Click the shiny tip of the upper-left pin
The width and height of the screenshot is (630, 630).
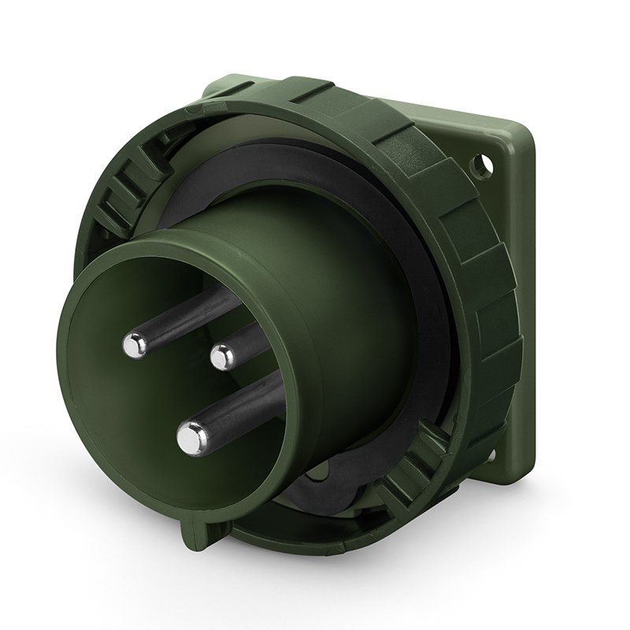pyautogui.click(x=135, y=344)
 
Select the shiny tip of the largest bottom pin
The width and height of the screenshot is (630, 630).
pyautogui.click(x=191, y=438)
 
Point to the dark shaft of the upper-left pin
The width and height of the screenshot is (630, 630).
pyautogui.click(x=177, y=314)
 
